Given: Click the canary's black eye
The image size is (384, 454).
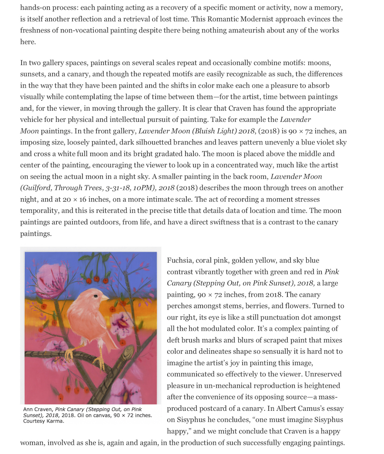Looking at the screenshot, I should pos(95,296).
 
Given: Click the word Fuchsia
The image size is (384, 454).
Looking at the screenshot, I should pos(180,260).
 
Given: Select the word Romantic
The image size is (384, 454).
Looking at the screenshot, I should pos(222,19).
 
